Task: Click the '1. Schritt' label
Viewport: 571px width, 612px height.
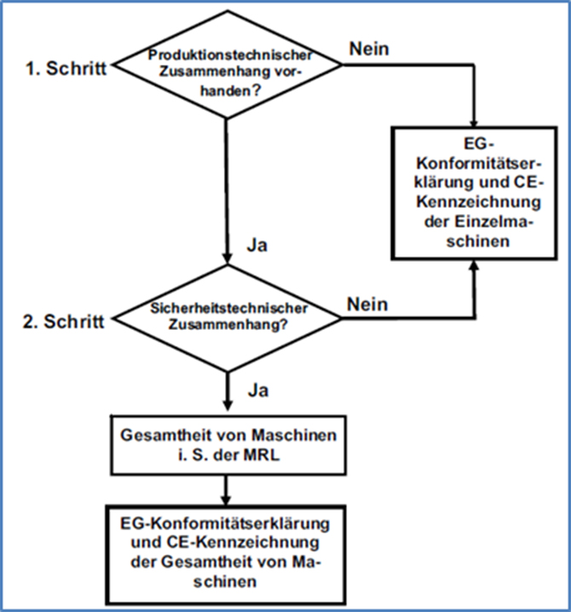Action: (66, 68)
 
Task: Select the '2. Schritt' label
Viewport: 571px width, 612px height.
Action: (64, 321)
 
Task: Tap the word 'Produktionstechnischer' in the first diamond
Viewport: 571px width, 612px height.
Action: (230, 55)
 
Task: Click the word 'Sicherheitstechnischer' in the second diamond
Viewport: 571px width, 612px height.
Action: (229, 309)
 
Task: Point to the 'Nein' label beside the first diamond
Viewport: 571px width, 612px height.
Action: (369, 49)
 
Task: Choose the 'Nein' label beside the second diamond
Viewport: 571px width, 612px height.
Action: (367, 304)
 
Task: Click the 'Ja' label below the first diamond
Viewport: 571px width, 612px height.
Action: (257, 245)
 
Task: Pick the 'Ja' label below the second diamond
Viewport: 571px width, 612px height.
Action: (258, 390)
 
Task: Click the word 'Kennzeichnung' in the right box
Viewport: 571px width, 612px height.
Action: (478, 202)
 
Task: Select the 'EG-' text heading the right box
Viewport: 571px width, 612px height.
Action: (479, 144)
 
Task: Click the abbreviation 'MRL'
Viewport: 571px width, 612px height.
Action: (262, 455)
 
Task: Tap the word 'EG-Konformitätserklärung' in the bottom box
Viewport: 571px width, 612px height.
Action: (225, 523)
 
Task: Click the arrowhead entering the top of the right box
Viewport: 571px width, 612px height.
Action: (474, 122)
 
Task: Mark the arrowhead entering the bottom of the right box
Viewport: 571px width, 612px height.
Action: (474, 264)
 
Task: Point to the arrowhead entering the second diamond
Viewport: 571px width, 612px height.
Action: (227, 259)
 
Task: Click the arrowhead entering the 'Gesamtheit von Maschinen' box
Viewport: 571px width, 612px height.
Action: (227, 405)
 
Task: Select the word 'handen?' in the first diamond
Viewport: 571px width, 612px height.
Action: (230, 91)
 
